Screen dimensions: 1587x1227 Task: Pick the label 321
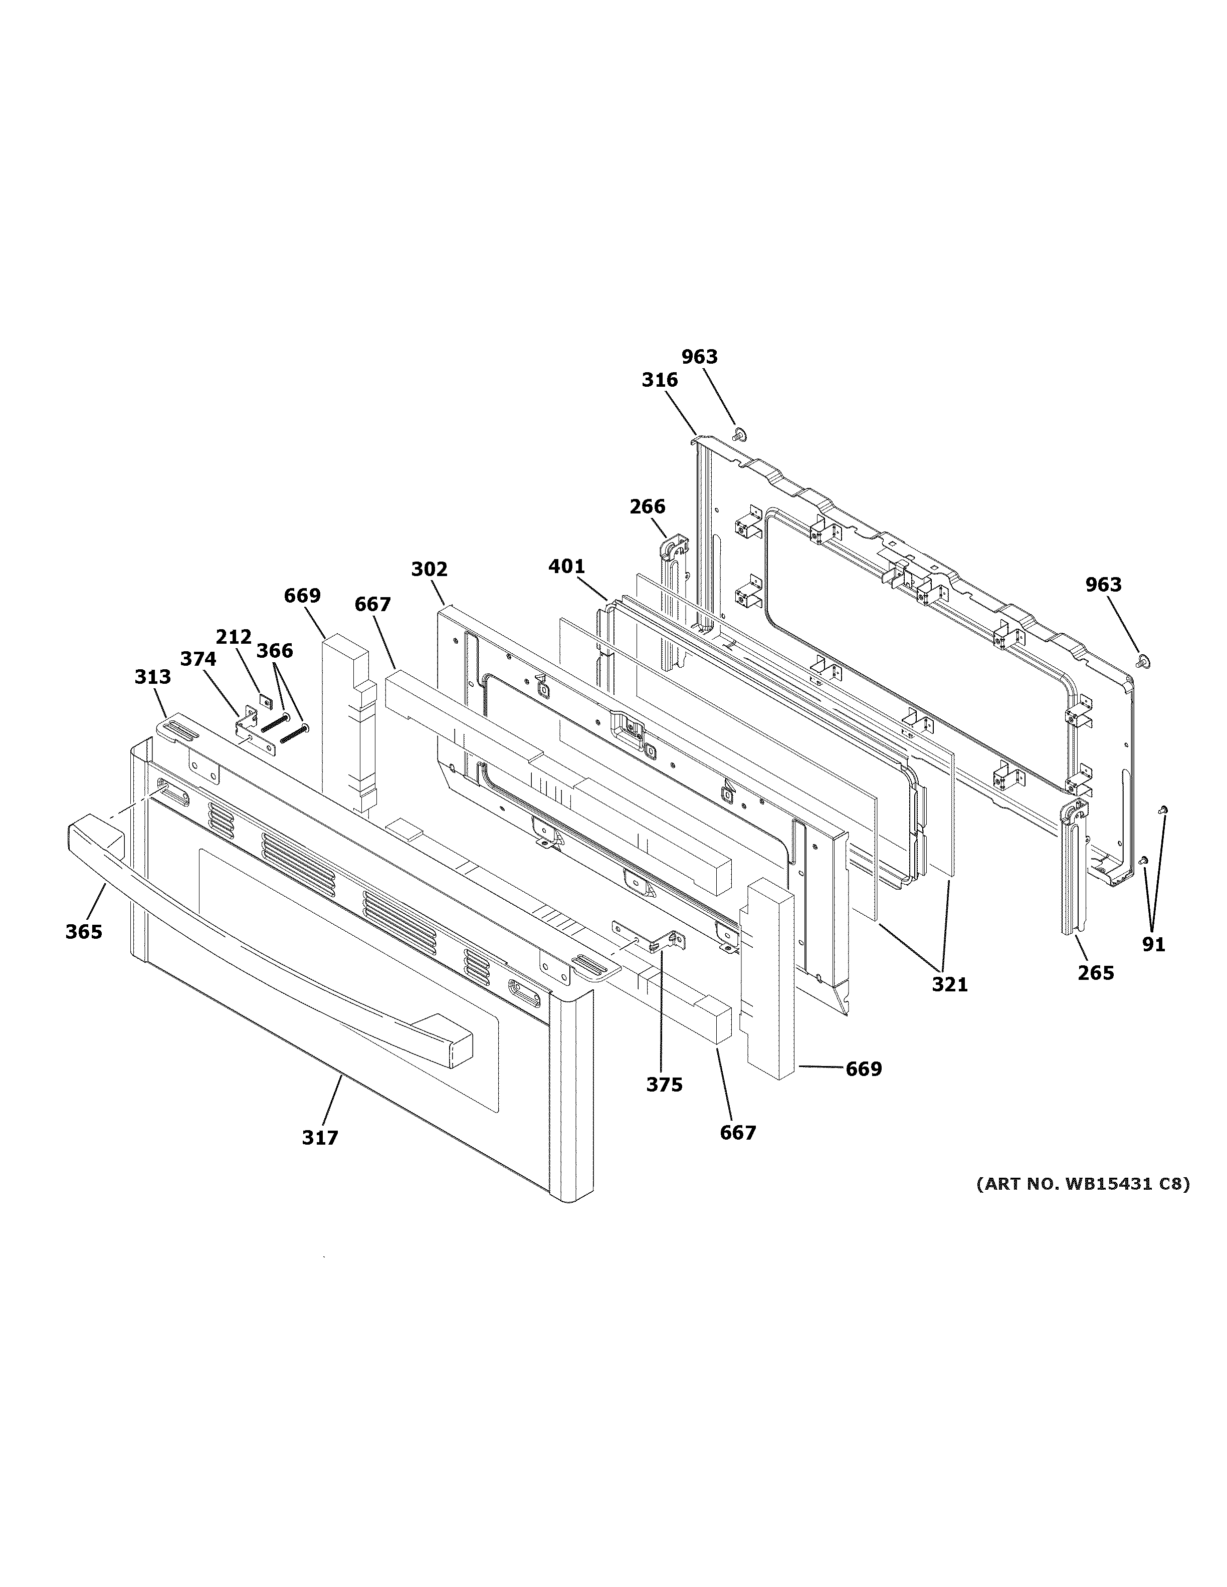pos(950,984)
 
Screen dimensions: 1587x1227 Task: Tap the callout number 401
pos(566,566)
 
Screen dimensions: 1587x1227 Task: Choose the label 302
pos(429,569)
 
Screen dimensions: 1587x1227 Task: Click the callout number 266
pos(647,506)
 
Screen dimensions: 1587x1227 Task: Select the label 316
pos(659,380)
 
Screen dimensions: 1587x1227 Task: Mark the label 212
pos(234,637)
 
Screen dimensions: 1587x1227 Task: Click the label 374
pos(197,659)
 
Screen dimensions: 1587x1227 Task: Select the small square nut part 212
pos(265,702)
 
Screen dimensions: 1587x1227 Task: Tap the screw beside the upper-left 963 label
pos(739,434)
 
